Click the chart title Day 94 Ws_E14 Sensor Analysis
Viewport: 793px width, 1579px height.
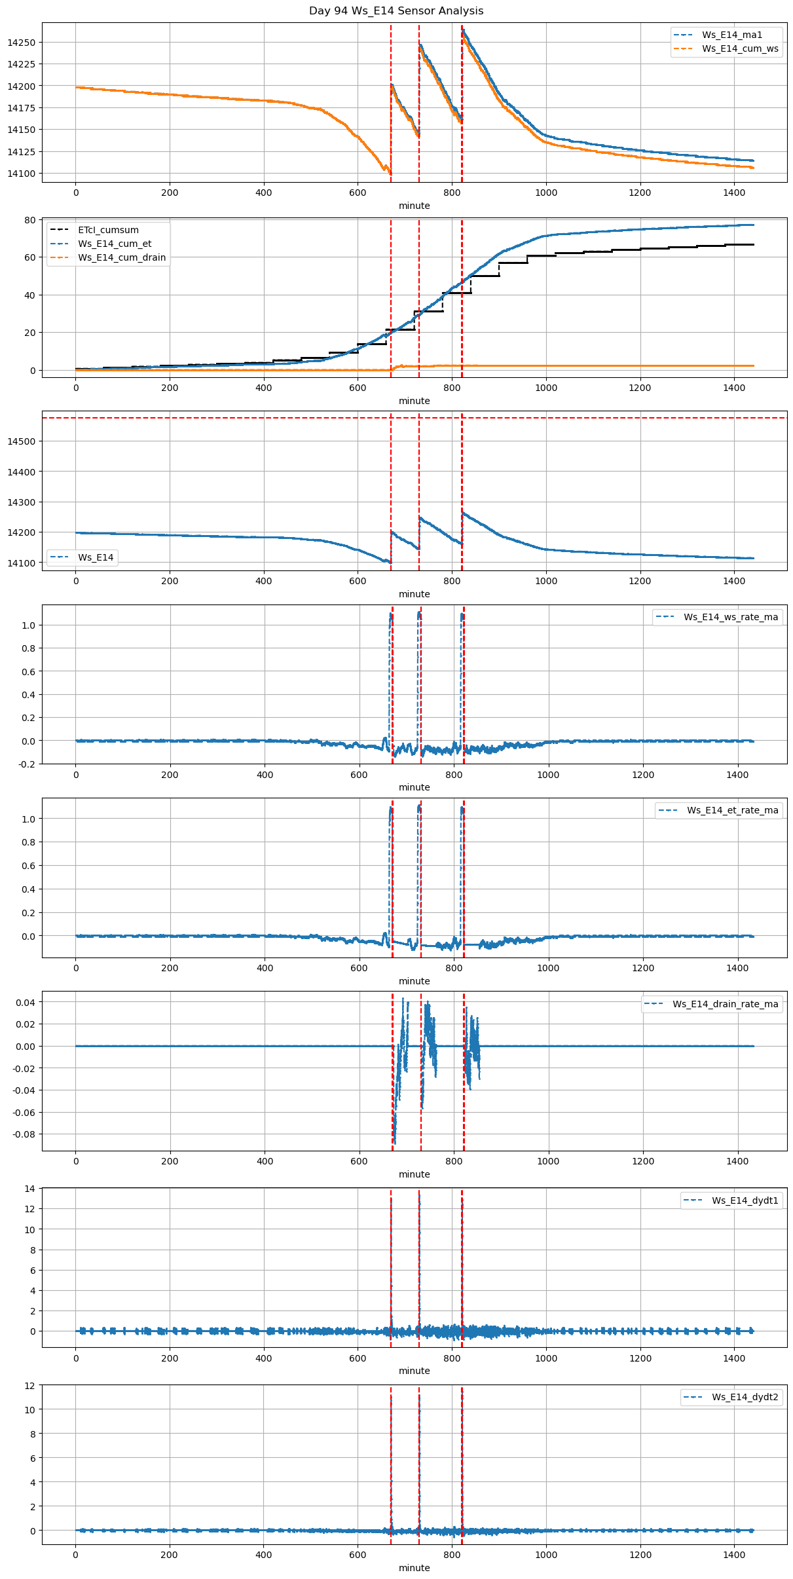pos(396,11)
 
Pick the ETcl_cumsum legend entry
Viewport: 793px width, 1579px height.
pos(108,230)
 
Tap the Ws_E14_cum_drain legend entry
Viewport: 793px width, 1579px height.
pos(122,257)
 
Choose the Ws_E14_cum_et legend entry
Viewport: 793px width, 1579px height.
pos(115,244)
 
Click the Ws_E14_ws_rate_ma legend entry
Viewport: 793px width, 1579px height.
pos(731,617)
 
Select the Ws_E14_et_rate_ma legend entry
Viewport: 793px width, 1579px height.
pos(732,810)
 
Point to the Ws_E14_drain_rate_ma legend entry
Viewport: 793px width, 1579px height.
pos(726,1004)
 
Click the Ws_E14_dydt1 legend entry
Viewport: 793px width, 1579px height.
pos(745,1200)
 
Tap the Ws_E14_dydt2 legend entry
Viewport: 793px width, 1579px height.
pos(745,1397)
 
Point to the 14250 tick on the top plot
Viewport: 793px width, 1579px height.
pos(22,43)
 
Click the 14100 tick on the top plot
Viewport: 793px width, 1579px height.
pos(22,174)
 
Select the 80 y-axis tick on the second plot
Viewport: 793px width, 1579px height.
pos(29,220)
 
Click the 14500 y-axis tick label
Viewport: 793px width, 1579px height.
pos(22,441)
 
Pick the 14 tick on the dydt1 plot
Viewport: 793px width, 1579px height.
pos(29,1189)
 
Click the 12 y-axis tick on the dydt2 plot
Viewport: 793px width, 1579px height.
pos(29,1386)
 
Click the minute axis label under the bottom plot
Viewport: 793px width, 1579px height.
pos(415,1568)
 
